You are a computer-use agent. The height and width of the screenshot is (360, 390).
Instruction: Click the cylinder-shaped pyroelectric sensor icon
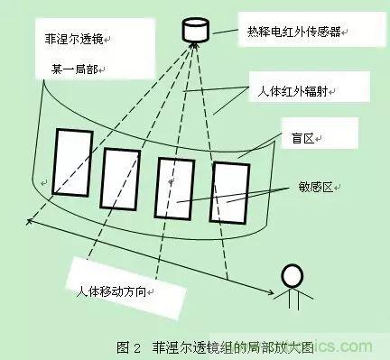(x=196, y=30)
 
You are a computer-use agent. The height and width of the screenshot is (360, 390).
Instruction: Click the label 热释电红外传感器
(x=294, y=32)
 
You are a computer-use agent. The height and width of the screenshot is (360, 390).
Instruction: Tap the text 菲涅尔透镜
(x=74, y=39)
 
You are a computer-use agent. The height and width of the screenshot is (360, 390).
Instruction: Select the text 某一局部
(x=75, y=69)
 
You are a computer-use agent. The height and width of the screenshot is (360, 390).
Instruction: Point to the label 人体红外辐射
(x=292, y=91)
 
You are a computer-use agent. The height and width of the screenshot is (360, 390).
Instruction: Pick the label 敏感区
(x=316, y=187)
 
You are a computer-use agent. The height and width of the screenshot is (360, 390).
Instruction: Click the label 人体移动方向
(x=111, y=291)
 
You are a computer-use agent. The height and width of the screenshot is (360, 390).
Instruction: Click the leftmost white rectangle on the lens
(x=72, y=162)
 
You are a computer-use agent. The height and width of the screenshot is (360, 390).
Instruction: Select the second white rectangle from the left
(x=120, y=180)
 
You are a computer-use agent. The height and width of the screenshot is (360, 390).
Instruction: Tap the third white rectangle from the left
(x=175, y=189)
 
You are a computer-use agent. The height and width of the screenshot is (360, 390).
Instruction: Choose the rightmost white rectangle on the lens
(x=230, y=193)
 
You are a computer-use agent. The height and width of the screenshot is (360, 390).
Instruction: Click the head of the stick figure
(x=292, y=275)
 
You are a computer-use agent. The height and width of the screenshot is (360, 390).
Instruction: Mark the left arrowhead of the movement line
(x=29, y=222)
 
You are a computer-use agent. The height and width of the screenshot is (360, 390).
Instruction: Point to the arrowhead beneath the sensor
(x=193, y=45)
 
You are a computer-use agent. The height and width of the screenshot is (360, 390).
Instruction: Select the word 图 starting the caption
(x=123, y=347)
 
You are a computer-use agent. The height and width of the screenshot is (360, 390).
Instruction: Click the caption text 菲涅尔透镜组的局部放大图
(x=232, y=347)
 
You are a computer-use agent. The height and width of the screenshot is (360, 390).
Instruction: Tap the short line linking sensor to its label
(x=225, y=32)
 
